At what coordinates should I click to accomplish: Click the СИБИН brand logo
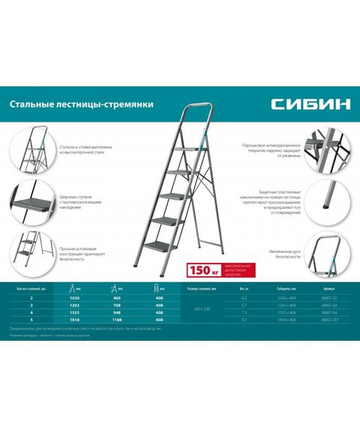coord(312,104)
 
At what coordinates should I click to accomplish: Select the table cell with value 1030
coord(73,299)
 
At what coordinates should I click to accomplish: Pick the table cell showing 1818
coord(73,320)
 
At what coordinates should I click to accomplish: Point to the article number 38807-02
coord(328,299)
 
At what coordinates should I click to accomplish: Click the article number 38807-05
coord(328,320)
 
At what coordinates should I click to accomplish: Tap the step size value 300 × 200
coord(202,309)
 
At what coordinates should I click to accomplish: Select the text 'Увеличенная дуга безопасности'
coord(287,253)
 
